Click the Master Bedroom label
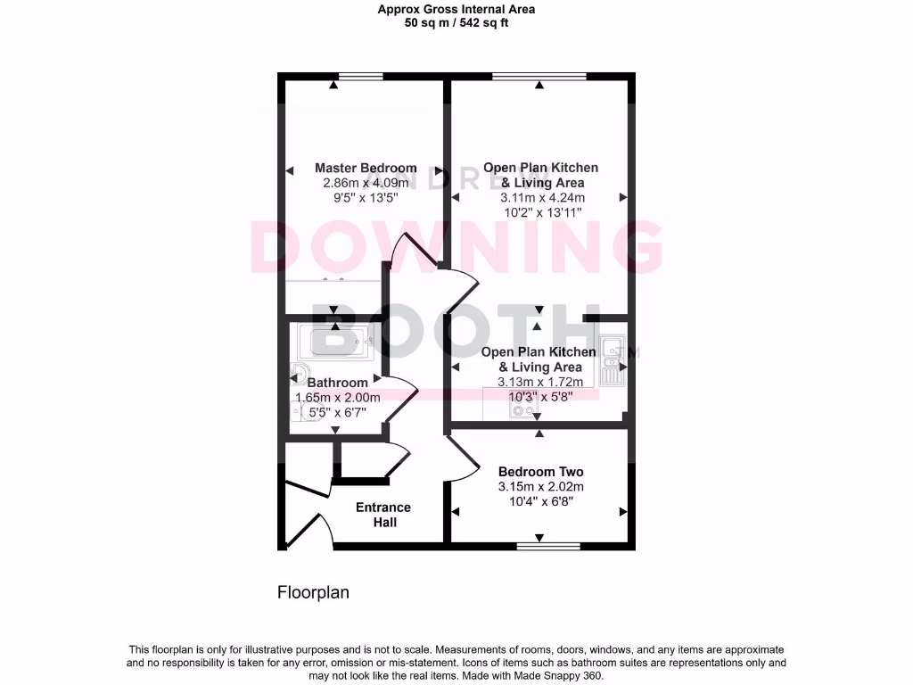coord(366,168)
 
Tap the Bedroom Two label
coord(540,472)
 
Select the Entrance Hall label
coord(383,515)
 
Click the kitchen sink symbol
coord(612,362)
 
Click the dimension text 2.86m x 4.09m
coord(366,183)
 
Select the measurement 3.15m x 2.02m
coord(540,487)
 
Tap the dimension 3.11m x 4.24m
coord(542,198)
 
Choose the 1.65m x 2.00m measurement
coord(338,398)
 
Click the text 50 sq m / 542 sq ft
coord(456,23)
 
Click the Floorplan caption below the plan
coord(313,592)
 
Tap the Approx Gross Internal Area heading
coord(456,10)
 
